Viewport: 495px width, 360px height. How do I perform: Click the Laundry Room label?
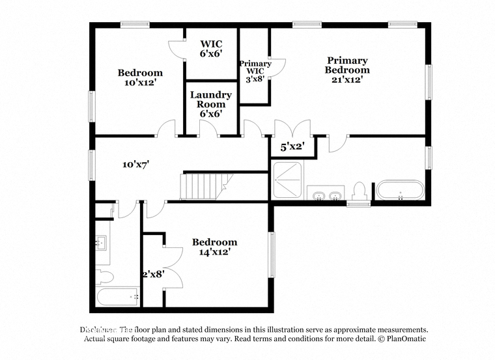pyautogui.click(x=211, y=100)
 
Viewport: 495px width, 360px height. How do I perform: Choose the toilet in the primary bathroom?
pyautogui.click(x=358, y=191)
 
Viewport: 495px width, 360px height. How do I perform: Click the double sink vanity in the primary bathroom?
pyautogui.click(x=328, y=195)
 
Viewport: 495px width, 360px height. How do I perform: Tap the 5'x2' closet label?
pyautogui.click(x=292, y=147)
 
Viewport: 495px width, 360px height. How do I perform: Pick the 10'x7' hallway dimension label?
pyautogui.click(x=136, y=164)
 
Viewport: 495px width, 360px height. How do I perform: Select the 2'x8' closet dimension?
pyautogui.click(x=153, y=273)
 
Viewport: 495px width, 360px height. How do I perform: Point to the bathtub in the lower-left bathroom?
pyautogui.click(x=118, y=297)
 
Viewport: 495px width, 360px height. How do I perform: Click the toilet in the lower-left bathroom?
pyautogui.click(x=105, y=277)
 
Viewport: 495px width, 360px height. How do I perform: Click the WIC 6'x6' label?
pyautogui.click(x=211, y=48)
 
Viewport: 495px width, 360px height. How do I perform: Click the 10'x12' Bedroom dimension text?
pyautogui.click(x=139, y=83)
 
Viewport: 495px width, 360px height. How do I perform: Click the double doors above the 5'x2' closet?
pyautogui.click(x=292, y=128)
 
